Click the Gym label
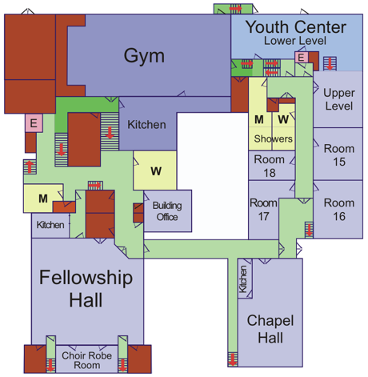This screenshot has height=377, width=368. click(144, 56)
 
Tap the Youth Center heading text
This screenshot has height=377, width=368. click(296, 27)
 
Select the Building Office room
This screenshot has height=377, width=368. click(167, 211)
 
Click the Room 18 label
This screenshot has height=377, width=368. click(270, 166)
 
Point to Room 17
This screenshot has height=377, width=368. click(263, 210)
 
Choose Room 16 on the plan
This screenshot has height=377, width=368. click(339, 210)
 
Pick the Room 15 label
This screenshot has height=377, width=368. click(339, 155)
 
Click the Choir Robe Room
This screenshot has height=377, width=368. click(86, 360)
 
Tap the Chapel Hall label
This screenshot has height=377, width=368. click(270, 329)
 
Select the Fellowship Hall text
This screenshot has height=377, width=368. click(86, 289)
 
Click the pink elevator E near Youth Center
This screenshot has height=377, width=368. click(302, 58)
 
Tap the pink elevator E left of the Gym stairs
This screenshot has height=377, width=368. click(34, 123)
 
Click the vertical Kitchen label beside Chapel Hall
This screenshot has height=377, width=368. click(243, 279)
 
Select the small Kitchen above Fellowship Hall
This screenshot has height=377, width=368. click(50, 225)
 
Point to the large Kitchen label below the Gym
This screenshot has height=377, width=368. click(146, 125)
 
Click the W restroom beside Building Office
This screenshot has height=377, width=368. click(156, 171)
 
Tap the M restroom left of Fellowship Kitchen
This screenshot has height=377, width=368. click(43, 199)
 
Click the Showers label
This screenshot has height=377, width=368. click(273, 138)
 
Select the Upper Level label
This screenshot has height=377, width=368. click(339, 99)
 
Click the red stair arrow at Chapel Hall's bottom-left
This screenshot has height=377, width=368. click(233, 359)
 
